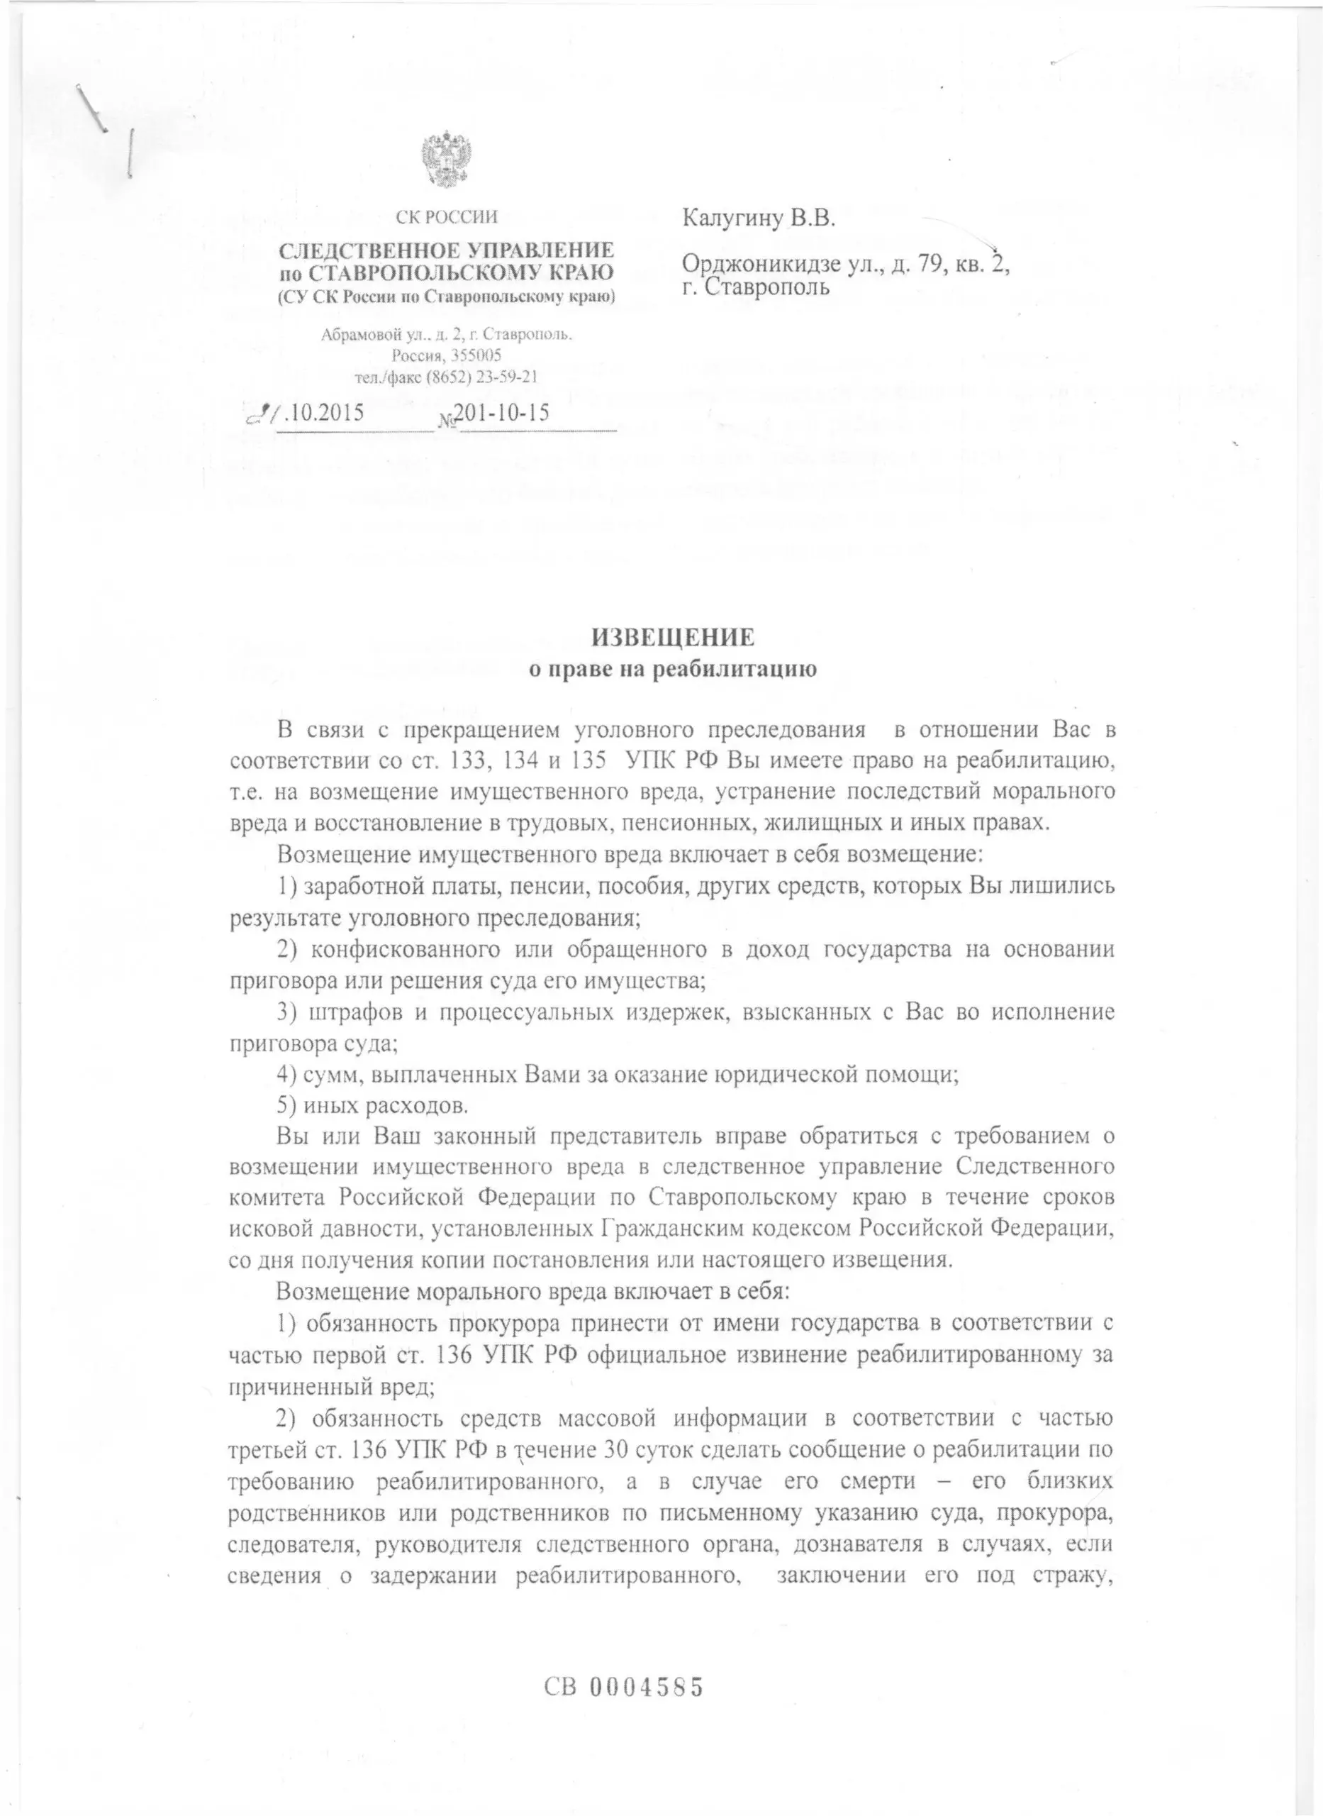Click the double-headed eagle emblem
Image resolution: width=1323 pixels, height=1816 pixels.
(x=446, y=160)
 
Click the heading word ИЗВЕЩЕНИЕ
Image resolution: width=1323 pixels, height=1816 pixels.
(x=673, y=637)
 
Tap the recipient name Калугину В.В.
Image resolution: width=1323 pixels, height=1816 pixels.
(x=759, y=218)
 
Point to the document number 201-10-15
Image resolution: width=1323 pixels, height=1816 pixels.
(x=501, y=413)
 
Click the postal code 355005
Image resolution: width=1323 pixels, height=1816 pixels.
(x=471, y=355)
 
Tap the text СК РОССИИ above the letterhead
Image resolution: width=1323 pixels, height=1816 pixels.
(x=446, y=217)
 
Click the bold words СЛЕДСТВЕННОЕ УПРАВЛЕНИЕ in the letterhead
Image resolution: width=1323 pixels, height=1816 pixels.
(x=446, y=250)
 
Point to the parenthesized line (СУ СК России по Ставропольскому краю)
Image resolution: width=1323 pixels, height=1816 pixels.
(x=446, y=297)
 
